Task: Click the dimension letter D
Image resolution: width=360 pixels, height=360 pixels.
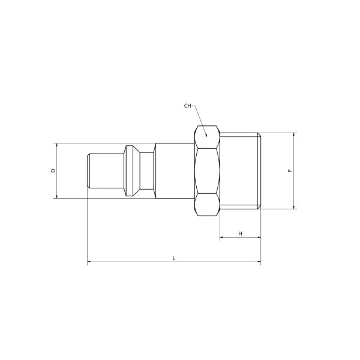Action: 53,170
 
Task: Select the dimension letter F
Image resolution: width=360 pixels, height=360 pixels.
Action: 290,171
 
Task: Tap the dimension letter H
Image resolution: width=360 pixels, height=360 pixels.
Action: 240,233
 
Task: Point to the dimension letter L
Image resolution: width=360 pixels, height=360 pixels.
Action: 174,257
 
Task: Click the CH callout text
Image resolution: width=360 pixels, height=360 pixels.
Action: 188,106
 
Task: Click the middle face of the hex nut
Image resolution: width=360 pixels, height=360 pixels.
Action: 207,171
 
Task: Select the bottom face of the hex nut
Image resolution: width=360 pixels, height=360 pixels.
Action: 207,205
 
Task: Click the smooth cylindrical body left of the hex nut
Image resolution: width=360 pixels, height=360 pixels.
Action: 174,171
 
